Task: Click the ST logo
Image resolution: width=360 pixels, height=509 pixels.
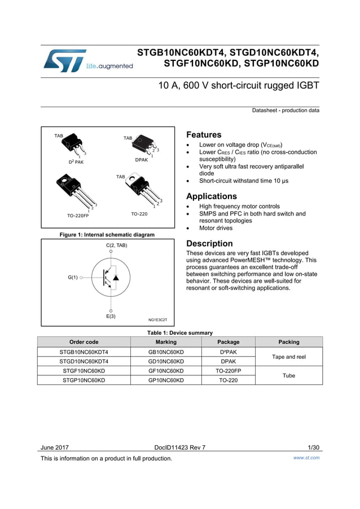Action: coord(65,60)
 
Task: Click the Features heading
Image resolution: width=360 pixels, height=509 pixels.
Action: coord(204,135)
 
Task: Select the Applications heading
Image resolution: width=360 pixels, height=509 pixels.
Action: coord(212,196)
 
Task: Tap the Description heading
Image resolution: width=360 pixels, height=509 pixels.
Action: coord(209,244)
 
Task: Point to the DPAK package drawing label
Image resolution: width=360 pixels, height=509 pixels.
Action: coord(141,160)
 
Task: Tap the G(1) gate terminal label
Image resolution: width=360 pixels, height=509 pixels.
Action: coord(73,278)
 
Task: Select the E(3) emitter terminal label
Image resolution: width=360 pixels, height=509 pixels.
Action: coord(111,317)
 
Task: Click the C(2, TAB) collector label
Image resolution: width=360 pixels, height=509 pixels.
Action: coord(117,245)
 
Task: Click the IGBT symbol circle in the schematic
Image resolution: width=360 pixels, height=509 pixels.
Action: coord(111,278)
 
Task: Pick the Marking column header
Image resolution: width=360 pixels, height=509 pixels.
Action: coord(166,342)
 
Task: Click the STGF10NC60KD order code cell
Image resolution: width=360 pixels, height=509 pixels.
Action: coord(84,371)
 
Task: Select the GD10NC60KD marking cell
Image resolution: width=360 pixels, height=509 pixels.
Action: coord(166,361)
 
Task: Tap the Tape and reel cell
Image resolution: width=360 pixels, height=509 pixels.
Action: coord(289,357)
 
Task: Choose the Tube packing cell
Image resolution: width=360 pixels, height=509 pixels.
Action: coord(289,375)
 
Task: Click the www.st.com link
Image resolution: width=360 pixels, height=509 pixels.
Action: coord(306,458)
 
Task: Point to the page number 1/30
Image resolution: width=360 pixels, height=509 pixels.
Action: coord(314,447)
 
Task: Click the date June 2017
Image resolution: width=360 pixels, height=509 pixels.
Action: coord(55,447)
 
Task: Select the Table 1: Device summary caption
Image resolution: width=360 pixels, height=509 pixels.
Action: coord(180,333)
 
